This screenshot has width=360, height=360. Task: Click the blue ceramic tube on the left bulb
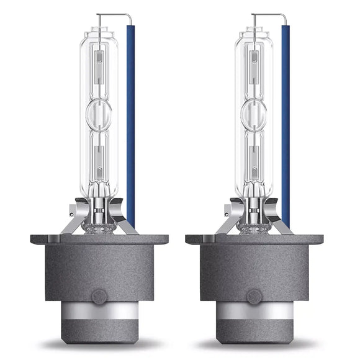pos(130,124)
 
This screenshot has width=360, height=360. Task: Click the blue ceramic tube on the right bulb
pos(285,124)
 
